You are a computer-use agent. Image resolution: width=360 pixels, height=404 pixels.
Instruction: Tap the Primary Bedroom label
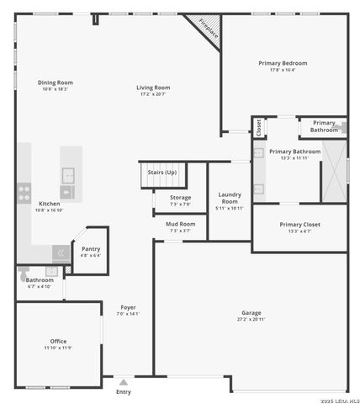coord(283,63)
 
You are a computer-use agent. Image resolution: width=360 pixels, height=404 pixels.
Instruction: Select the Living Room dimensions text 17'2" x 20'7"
coord(154,94)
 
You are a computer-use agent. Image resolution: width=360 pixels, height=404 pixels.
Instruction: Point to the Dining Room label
coord(56,82)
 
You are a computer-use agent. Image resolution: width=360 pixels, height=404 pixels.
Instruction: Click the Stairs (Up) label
coord(162,172)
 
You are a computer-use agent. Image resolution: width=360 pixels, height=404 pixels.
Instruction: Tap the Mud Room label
coord(181,224)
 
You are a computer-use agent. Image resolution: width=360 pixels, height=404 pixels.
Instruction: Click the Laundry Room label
coord(230,199)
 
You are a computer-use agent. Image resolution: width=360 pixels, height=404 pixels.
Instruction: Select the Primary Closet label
coord(299,225)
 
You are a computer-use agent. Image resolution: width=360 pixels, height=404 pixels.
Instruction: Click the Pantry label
coord(91,248)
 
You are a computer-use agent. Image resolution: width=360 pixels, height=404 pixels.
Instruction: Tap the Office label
coord(58,341)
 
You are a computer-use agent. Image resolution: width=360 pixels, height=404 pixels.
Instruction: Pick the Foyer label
coord(128,307)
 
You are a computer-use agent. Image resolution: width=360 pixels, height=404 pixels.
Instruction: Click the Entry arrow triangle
coord(124,382)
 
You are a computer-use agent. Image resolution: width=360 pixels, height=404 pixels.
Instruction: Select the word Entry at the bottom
coord(124,391)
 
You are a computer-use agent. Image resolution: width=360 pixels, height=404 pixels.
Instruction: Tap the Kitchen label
coord(50,204)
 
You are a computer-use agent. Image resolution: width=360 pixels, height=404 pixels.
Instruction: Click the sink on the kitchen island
coord(67,176)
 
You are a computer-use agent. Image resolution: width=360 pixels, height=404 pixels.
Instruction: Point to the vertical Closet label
coord(258,127)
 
